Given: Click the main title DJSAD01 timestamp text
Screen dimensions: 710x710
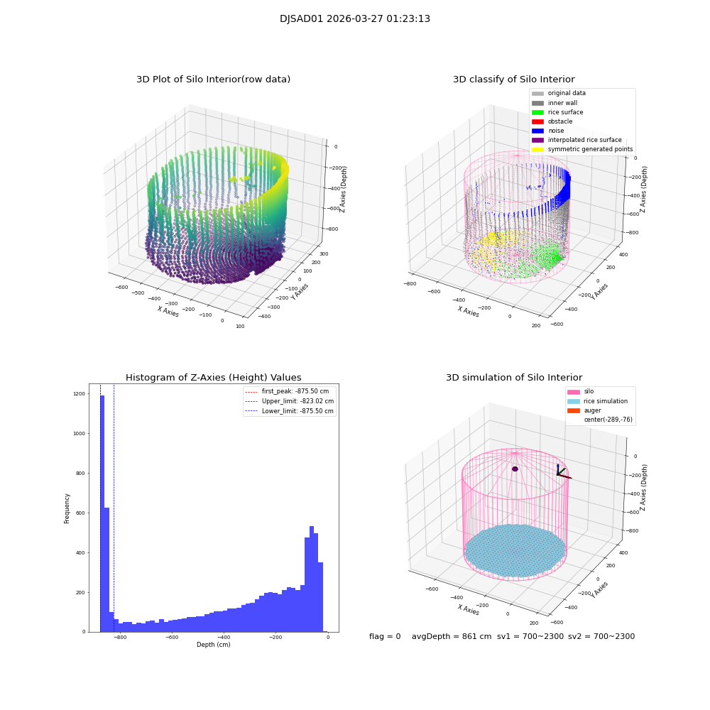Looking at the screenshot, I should [355, 19].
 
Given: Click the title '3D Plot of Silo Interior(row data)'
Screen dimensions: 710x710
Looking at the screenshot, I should [213, 80].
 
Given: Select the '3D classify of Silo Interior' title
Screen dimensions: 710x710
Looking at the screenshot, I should [514, 80].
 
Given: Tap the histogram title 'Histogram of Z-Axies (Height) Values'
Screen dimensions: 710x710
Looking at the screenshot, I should [213, 378].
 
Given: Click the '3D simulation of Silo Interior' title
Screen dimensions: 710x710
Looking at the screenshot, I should [514, 378].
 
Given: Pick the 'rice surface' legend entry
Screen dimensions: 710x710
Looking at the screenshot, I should [565, 112].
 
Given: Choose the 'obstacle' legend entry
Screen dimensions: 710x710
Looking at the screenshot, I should [560, 121].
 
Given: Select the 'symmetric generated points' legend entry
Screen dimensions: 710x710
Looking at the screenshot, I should [589, 149].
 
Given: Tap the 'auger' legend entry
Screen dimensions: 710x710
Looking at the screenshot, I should [592, 410].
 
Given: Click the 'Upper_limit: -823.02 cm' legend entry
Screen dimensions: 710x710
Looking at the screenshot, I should [297, 401].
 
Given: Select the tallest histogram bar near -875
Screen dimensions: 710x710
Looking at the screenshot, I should [102, 511].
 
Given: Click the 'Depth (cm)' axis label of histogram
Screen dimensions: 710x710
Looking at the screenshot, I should [213, 645].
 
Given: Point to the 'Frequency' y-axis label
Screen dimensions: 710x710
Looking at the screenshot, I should [67, 508].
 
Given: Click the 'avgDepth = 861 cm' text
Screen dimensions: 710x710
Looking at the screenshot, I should [452, 637].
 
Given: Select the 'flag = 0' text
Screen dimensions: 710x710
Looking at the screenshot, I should [385, 637].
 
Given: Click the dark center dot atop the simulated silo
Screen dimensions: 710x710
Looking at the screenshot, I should [515, 469].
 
